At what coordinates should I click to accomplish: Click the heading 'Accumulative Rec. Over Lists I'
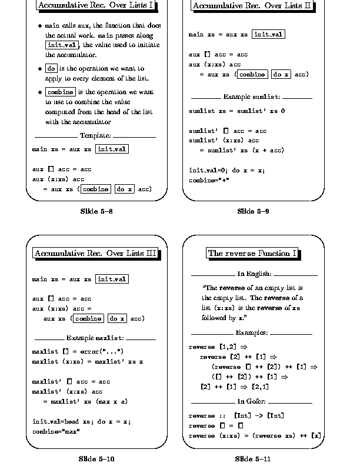[x=96, y=6]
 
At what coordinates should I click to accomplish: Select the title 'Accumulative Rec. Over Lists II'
[x=252, y=6]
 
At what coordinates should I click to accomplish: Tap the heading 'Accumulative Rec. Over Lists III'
[x=96, y=254]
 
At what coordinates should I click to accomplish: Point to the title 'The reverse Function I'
[x=252, y=254]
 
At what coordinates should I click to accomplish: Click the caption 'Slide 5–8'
[x=96, y=211]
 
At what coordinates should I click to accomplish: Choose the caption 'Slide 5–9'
[x=253, y=211]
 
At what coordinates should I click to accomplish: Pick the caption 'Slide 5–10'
[x=96, y=458]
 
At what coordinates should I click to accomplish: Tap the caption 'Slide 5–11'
[x=253, y=458]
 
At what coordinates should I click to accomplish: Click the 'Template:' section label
[x=95, y=136]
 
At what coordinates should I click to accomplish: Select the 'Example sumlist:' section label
[x=252, y=96]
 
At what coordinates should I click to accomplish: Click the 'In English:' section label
[x=254, y=274]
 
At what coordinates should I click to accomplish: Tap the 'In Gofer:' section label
[x=254, y=401]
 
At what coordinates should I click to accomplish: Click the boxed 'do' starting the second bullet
[x=51, y=68]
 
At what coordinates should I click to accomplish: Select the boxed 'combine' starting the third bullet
[x=60, y=92]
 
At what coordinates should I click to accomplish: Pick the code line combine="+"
[x=209, y=181]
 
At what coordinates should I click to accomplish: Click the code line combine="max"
[x=56, y=431]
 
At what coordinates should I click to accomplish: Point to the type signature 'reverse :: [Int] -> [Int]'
[x=236, y=416]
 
